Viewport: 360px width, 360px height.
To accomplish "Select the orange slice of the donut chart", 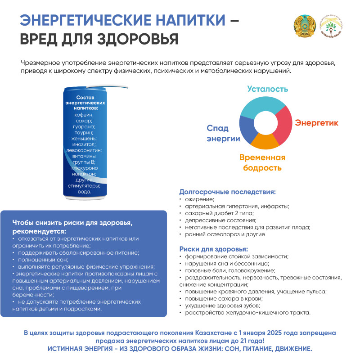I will pos(263,142).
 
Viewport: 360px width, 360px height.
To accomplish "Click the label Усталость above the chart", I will pos(267,89).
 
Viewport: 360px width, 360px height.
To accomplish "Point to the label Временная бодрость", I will pos(262,162).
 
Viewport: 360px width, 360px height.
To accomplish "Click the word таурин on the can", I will pos(84,132).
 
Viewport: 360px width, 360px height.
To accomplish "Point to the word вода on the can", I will pos(84,191).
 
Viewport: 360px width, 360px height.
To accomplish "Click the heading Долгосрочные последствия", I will pos(227,191).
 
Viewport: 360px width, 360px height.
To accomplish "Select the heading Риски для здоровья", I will pos(213,248).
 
